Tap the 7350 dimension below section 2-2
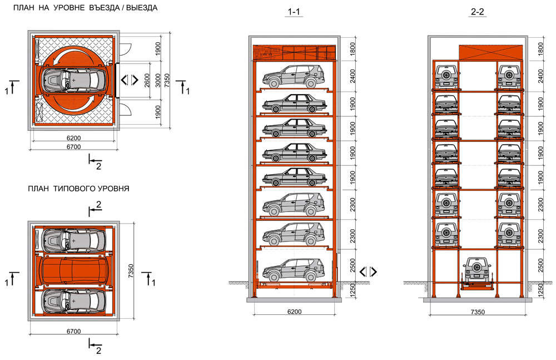477,312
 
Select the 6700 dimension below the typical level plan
73,332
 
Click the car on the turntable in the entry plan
74,81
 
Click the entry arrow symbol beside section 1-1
368,272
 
